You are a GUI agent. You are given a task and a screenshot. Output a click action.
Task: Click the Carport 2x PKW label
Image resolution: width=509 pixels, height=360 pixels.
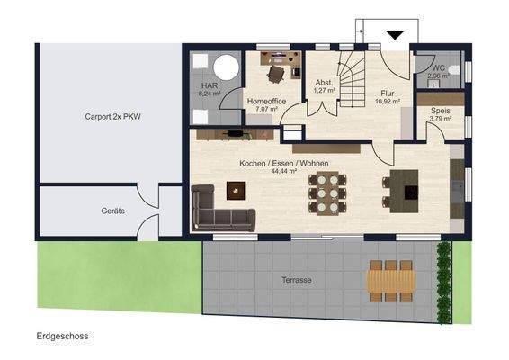click(x=113, y=117)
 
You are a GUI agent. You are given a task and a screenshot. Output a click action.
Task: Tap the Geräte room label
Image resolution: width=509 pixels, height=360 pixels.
click(x=113, y=211)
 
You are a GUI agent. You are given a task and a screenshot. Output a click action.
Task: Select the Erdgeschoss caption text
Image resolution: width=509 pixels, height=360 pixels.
click(x=62, y=336)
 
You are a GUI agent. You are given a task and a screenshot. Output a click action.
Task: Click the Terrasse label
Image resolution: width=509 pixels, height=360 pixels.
click(x=297, y=280)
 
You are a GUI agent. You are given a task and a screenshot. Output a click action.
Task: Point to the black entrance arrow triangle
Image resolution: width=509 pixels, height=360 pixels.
click(x=395, y=35)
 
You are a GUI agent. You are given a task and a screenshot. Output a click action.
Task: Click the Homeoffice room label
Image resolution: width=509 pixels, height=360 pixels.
click(x=266, y=102)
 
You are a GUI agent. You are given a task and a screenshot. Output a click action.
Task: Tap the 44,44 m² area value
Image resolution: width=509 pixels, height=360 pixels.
click(x=284, y=171)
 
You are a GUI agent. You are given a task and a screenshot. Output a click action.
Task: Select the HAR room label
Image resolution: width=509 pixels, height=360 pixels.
click(x=210, y=86)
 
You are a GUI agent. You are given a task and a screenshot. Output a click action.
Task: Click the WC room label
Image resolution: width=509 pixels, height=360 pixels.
click(x=438, y=68)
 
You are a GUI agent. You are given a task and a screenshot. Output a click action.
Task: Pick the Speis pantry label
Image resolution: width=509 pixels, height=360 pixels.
click(x=441, y=111)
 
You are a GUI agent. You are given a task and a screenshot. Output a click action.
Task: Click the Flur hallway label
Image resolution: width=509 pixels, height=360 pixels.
click(x=388, y=94)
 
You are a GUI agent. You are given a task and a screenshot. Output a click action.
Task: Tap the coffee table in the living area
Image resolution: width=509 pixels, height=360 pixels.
click(x=236, y=191)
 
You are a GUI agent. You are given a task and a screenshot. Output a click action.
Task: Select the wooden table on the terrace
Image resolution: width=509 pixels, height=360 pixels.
click(x=391, y=281)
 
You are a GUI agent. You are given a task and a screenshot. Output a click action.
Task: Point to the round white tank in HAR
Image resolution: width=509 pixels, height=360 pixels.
click(x=227, y=67)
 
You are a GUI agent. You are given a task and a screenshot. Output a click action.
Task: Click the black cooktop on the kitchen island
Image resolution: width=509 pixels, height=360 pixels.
click(x=411, y=192)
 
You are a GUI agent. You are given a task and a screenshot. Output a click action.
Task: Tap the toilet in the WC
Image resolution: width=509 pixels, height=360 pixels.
click(x=455, y=69)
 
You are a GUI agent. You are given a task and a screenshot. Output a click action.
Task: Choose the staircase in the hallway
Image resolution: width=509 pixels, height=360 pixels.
click(x=352, y=79)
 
